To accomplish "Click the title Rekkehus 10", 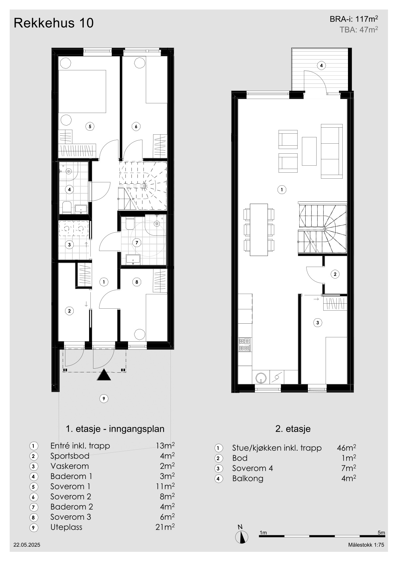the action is pos(54,23).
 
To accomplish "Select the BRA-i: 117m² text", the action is pos(354,19).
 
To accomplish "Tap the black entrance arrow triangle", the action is pos(104,375).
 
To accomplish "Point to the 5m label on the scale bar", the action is pos(381,533).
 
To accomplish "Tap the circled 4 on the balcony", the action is pos(321,66).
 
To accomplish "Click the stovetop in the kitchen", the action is pos(245,345).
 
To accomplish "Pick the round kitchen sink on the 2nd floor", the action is pos(261,377).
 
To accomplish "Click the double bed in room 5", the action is pos(82,91).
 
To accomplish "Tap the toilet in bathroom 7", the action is pos(130,223).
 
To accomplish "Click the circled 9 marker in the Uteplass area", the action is pos(104,398).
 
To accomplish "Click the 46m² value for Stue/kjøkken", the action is pos(346,448).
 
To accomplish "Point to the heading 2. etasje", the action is pos(293,429).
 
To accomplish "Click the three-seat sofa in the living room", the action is pos(332,151).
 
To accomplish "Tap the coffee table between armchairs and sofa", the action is pos(309,151).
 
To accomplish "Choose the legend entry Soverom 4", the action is pos(253,468).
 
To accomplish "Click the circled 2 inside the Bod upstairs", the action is pos(335,274).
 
